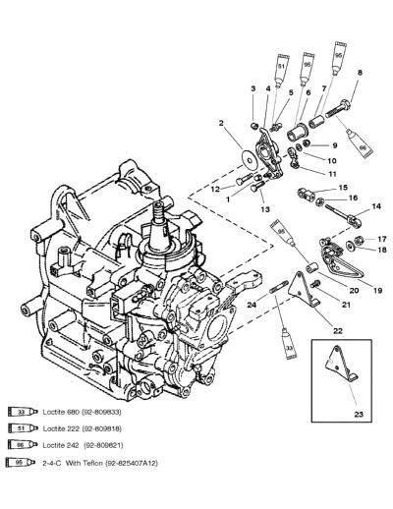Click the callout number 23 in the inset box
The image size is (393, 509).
(x=359, y=415)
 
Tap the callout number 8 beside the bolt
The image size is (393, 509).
(x=360, y=73)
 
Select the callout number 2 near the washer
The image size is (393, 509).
(x=221, y=123)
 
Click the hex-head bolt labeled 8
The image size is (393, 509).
(x=337, y=109)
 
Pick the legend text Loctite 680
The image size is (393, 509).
(x=61, y=412)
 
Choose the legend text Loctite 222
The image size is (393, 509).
(x=61, y=428)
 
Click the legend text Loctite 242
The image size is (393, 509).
(x=61, y=445)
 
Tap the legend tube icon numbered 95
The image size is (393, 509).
(x=21, y=462)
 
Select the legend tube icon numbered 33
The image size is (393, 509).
(x=21, y=412)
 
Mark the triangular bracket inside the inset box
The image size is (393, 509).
(x=341, y=365)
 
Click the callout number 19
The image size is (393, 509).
(x=377, y=290)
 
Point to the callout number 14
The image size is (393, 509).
(x=376, y=206)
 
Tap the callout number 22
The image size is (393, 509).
(x=338, y=331)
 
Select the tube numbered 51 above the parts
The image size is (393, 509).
(x=282, y=72)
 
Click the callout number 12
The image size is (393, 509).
(x=215, y=189)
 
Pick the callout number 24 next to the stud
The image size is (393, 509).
(x=252, y=305)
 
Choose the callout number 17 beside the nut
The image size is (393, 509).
(x=382, y=239)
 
